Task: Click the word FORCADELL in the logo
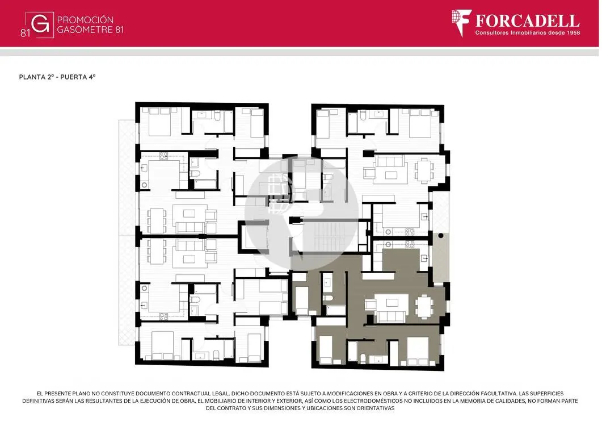pyautogui.click(x=527, y=20)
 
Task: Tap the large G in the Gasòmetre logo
pyautogui.click(x=40, y=25)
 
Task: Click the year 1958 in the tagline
pyautogui.click(x=572, y=33)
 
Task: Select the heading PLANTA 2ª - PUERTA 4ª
pyautogui.click(x=57, y=77)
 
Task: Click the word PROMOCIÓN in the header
pyautogui.click(x=85, y=20)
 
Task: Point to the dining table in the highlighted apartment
pyautogui.click(x=424, y=306)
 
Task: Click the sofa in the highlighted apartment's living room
pyautogui.click(x=391, y=316)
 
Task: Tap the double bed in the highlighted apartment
pyautogui.click(x=418, y=350)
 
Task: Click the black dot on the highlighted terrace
pyautogui.click(x=441, y=235)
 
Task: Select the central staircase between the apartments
pyautogui.click(x=330, y=236)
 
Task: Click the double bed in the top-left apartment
pyautogui.click(x=159, y=122)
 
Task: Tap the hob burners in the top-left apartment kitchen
pyautogui.click(x=163, y=156)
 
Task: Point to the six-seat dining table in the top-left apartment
pyautogui.click(x=157, y=221)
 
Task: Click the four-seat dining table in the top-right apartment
pyautogui.click(x=424, y=170)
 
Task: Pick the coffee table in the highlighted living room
pyautogui.click(x=391, y=302)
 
